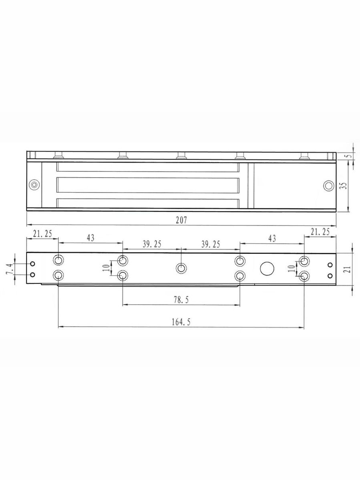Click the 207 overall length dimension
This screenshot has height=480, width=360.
(x=182, y=220)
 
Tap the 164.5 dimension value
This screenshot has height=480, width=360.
(x=181, y=322)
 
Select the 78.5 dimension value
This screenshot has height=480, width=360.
(x=181, y=300)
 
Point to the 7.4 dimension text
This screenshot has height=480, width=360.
(x=10, y=269)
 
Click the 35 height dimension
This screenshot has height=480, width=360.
(x=344, y=186)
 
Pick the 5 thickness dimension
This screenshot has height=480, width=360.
(x=349, y=156)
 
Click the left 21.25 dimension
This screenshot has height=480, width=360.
(x=42, y=234)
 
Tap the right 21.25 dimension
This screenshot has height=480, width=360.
(x=320, y=232)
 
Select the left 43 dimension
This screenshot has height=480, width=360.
(x=90, y=238)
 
